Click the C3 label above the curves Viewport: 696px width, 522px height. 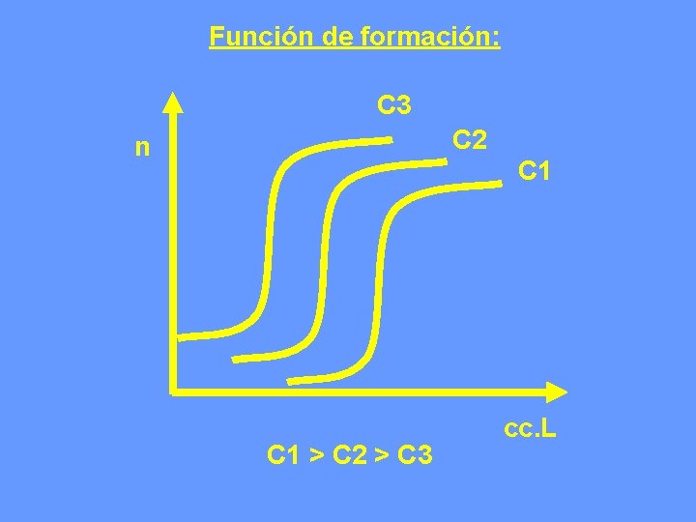pyautogui.click(x=395, y=103)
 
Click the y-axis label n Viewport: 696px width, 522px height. pyautogui.click(x=143, y=148)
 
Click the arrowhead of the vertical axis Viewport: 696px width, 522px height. pyautogui.click(x=173, y=101)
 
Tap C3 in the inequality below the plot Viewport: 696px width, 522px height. pyautogui.click(x=414, y=452)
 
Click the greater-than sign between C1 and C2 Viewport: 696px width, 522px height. pyautogui.click(x=318, y=453)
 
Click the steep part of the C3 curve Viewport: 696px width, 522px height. pyautogui.click(x=270, y=242)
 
